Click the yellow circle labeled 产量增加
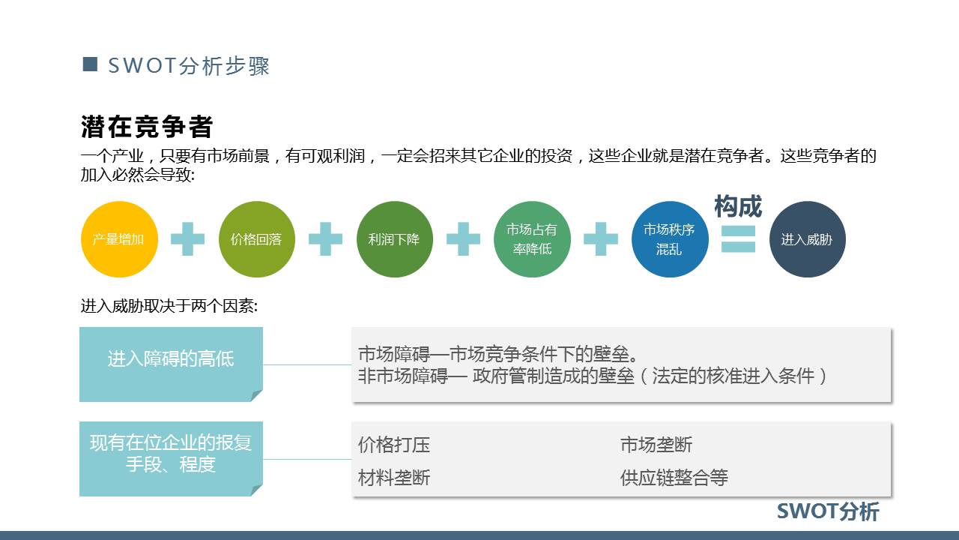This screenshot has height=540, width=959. [x=118, y=239]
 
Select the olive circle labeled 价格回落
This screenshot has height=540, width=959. [x=256, y=239]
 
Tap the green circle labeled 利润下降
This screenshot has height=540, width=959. [x=394, y=239]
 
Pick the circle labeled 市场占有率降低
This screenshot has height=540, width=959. [x=532, y=239]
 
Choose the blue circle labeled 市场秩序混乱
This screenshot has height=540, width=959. [x=670, y=239]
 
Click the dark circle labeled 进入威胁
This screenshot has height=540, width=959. [x=807, y=239]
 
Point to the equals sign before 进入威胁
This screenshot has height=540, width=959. [x=738, y=238]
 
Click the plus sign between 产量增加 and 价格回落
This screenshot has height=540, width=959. [x=187, y=239]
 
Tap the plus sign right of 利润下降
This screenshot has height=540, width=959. [x=463, y=239]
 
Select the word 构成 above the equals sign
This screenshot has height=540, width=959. [x=738, y=205]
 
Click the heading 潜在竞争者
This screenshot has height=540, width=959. [x=147, y=127]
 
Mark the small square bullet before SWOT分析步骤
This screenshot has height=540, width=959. [x=90, y=64]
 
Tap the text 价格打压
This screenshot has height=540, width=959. [x=394, y=445]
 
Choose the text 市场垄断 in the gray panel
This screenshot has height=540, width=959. [x=656, y=445]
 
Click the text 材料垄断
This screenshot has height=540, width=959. [x=394, y=478]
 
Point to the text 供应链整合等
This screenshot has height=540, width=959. [x=674, y=478]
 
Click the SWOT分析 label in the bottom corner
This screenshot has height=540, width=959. [x=828, y=511]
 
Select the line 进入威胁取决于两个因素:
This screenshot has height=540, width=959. [x=169, y=306]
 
